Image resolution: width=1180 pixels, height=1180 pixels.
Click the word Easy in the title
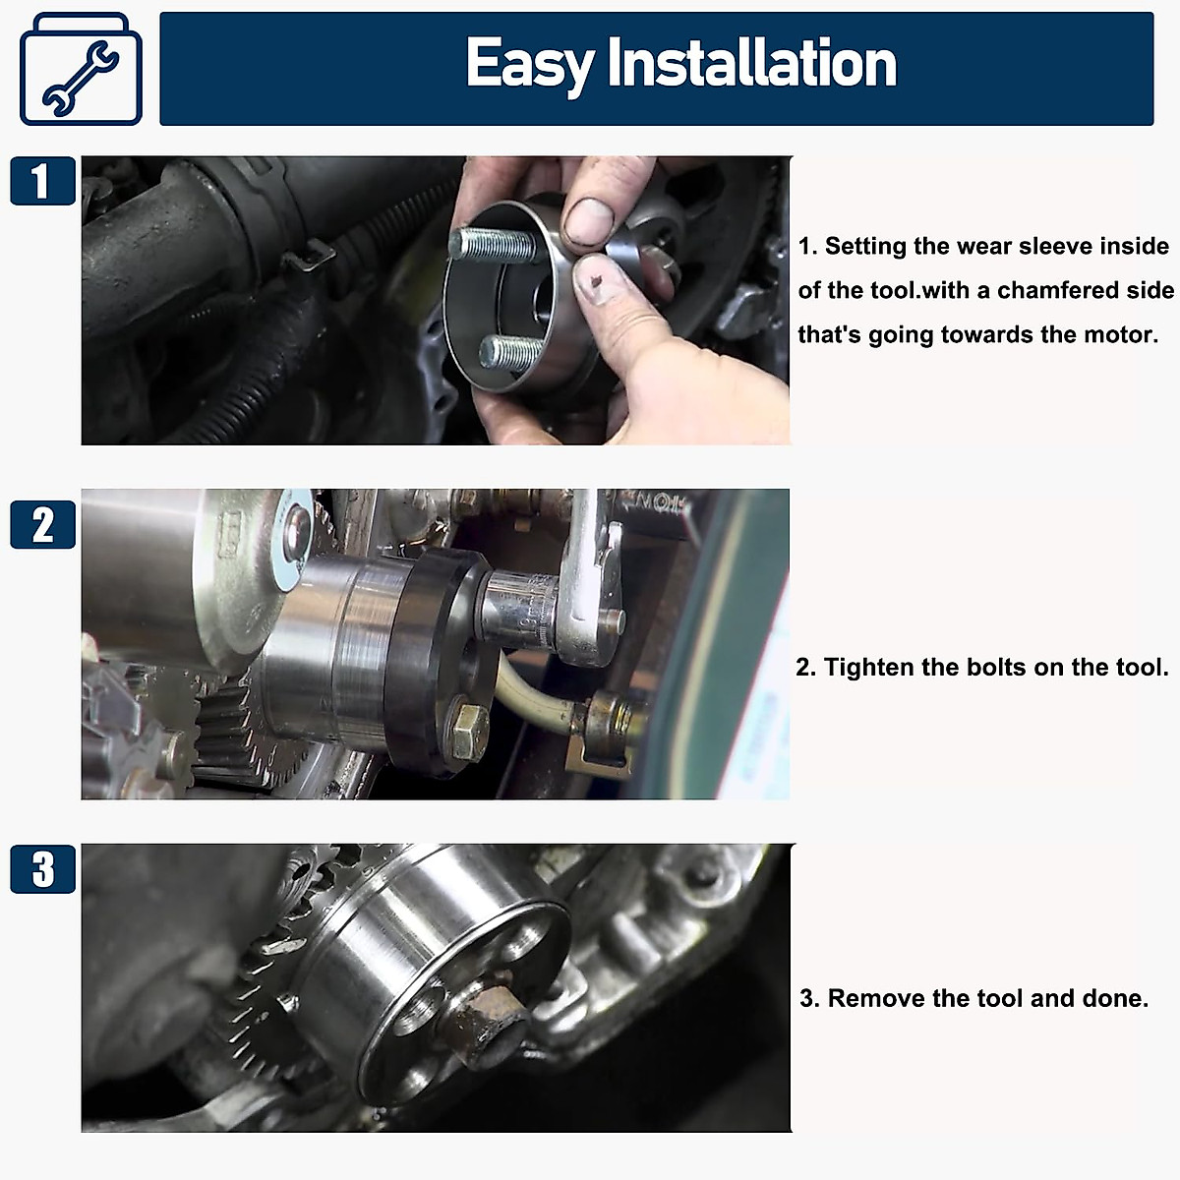coord(529,65)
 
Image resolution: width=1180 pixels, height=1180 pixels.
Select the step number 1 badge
coord(42,181)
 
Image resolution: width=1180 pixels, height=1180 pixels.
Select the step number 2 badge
coord(42,524)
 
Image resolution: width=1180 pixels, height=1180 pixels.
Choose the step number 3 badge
coord(42,869)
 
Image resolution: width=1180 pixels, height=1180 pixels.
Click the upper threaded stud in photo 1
coord(488,244)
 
